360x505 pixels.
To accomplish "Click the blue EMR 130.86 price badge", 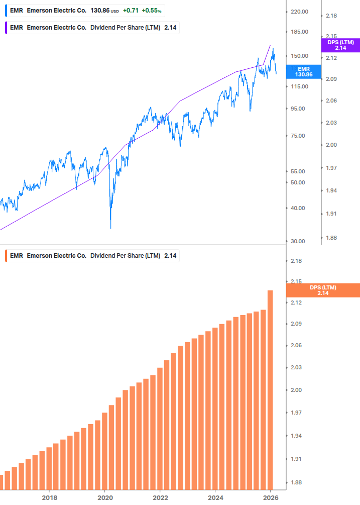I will [x=304, y=71].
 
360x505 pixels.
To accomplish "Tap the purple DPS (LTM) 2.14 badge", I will [x=340, y=45].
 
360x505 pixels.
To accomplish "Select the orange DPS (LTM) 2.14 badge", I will [x=322, y=290].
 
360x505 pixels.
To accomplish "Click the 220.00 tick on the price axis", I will [x=299, y=12].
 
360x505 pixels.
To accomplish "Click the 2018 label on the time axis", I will [x=49, y=497].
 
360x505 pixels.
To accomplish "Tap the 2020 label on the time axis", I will [x=104, y=497].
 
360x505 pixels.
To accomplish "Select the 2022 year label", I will [x=160, y=497].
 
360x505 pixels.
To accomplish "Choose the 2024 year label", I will [x=215, y=497].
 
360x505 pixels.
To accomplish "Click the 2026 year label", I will [x=270, y=497].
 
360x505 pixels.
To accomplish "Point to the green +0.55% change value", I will [x=152, y=11].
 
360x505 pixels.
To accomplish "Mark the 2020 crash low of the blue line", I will [x=110, y=228].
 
